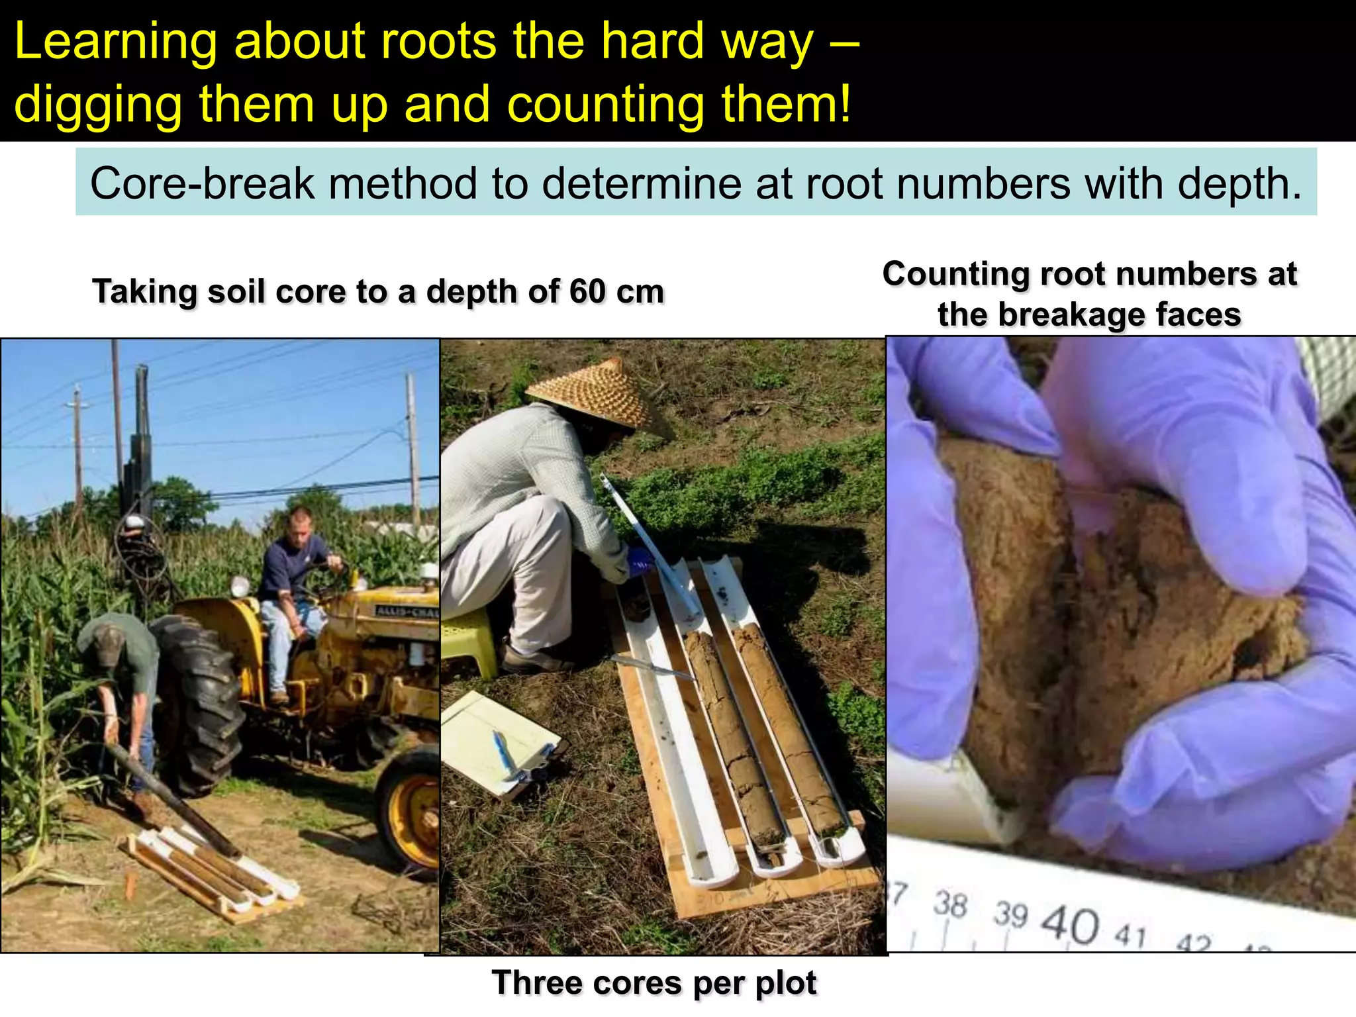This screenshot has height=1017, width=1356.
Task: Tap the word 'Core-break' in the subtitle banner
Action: [x=202, y=183]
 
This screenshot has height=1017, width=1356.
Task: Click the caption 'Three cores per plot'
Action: [x=654, y=983]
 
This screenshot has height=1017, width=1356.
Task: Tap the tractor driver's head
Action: [x=301, y=523]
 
